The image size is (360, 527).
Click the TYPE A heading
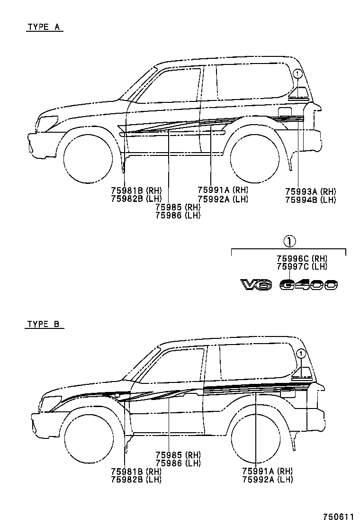44,27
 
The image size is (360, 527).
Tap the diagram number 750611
338,516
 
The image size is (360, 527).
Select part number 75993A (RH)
310,191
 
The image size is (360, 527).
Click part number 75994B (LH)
310,200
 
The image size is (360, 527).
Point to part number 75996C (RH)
302,258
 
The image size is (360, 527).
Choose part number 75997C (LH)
302,266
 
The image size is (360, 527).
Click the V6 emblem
256,285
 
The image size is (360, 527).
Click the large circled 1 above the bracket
289,242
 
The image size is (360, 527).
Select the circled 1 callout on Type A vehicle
297,73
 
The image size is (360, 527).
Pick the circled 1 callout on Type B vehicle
300,354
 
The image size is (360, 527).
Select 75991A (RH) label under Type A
223,190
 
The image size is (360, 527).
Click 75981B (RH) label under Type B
136,472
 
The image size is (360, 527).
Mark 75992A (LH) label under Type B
267,480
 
